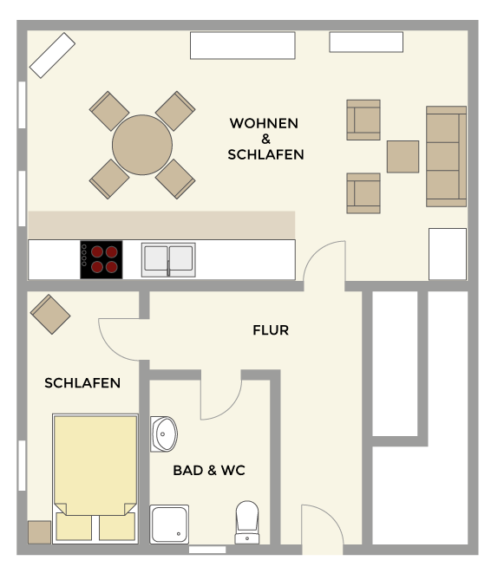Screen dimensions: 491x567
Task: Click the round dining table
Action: pos(142,145)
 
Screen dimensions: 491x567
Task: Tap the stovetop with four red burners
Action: pos(101,259)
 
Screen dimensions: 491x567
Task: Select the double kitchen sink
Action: pos(168,259)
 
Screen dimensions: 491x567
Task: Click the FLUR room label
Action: pos(271,330)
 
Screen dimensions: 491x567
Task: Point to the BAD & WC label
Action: pos(209,470)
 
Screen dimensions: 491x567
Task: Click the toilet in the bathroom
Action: pos(247,522)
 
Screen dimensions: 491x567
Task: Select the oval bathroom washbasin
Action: pos(164,434)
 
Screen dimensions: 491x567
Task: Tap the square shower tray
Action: pos(169,524)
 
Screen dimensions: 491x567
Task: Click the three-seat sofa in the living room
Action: pos(446,157)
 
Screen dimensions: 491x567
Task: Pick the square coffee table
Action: pos(403,157)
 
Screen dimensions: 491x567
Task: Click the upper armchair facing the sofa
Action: pos(363,120)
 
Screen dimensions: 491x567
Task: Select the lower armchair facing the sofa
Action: pos(363,193)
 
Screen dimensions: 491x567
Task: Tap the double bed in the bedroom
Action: pos(95,479)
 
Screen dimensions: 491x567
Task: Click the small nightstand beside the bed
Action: pos(39,532)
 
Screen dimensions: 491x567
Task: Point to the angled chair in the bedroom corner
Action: pos(50,314)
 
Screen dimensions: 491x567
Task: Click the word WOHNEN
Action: pos(264,123)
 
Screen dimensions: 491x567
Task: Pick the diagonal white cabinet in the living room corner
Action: pos(52,55)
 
